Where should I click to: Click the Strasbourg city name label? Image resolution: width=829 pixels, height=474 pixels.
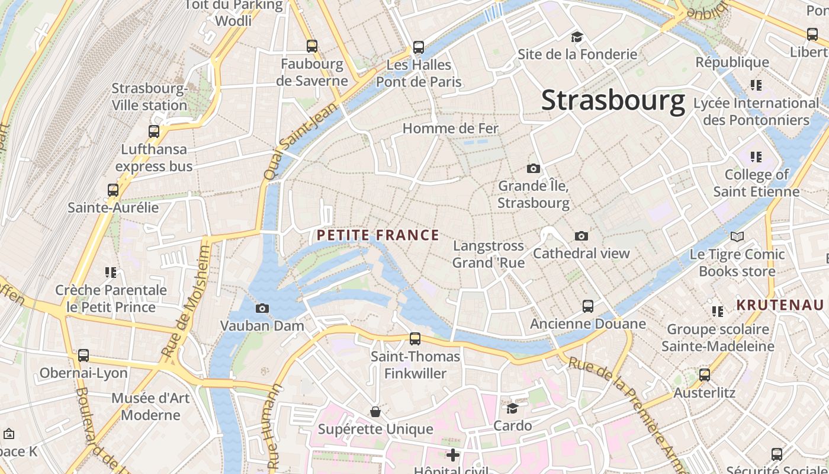point(613,100)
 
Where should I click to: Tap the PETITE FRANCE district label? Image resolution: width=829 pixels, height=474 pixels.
point(378,235)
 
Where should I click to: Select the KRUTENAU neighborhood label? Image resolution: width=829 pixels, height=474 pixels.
point(780,305)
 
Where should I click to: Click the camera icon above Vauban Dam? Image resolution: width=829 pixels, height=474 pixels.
point(262,308)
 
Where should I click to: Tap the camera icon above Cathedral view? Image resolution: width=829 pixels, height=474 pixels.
point(581,236)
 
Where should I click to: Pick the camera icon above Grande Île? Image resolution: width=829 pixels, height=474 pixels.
point(534,168)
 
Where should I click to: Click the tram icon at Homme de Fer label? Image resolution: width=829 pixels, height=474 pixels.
point(450,128)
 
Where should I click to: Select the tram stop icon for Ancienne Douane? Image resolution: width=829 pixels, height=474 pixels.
point(587,306)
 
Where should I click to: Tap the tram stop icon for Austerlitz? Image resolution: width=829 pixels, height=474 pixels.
point(704,375)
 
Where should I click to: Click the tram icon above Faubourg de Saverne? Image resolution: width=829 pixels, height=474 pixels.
point(311,46)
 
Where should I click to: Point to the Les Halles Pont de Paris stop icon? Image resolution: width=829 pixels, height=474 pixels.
point(419,47)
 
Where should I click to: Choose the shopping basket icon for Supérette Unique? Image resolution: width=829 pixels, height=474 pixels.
point(375,411)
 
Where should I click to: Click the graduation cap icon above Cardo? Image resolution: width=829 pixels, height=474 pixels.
point(512,408)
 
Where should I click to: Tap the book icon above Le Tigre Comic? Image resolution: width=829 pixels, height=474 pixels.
point(737,237)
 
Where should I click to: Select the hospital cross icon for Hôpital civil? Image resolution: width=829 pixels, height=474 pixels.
point(453,455)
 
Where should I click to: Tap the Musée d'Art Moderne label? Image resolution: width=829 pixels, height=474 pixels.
point(150,406)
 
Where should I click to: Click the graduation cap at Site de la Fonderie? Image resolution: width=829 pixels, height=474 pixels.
point(577,37)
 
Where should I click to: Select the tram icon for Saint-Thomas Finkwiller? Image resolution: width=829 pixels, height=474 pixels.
point(415,339)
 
